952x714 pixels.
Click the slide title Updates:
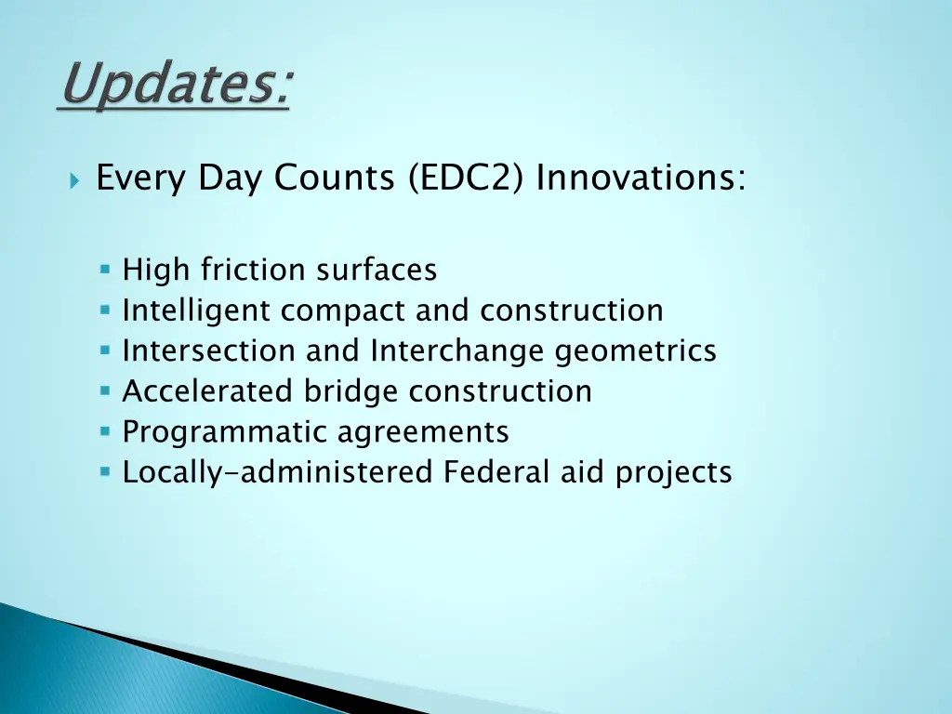click(173, 86)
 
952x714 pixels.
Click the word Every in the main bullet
click(137, 178)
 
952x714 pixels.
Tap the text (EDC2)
click(468, 178)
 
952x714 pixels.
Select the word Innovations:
click(641, 178)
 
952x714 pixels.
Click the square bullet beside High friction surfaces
click(105, 270)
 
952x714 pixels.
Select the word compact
click(344, 311)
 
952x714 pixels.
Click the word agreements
click(423, 432)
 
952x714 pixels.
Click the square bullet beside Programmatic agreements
click(105, 432)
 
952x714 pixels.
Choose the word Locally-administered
click(278, 472)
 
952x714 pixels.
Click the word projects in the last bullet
click(673, 472)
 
